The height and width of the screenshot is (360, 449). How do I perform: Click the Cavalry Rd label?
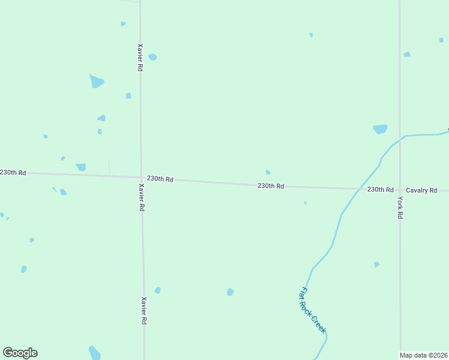point(421,190)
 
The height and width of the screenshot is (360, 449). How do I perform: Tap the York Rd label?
point(400,208)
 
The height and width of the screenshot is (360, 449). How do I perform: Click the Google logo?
point(20,353)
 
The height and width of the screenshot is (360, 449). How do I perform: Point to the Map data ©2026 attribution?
point(424,355)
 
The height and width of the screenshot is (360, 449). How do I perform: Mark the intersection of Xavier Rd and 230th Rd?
point(141,177)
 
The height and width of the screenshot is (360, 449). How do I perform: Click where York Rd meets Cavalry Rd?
point(400,190)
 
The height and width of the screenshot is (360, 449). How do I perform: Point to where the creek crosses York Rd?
point(400,137)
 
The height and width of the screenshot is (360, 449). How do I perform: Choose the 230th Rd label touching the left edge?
point(13,172)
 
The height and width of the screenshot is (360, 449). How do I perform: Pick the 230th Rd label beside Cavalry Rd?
point(380,189)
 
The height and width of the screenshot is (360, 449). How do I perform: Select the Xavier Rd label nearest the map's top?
point(140,58)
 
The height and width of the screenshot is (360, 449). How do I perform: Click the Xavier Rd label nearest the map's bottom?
point(144,311)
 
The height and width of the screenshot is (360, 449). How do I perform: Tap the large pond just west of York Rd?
point(380,129)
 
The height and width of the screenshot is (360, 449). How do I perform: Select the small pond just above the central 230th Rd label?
point(268,172)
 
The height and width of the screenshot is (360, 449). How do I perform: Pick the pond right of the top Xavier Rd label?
point(152,57)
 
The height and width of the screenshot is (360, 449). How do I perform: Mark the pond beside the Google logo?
point(94,352)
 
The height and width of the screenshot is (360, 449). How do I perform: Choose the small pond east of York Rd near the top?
point(407,55)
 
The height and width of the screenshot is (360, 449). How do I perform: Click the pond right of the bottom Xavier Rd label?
point(157,290)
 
